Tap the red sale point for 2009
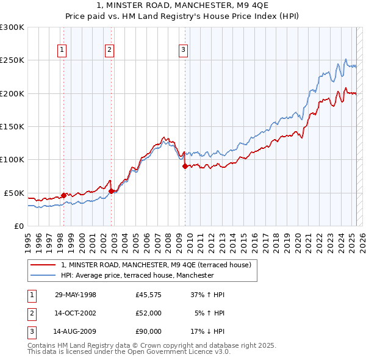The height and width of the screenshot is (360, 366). (185, 166)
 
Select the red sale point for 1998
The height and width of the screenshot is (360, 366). (63, 195)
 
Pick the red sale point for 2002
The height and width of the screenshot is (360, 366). (112, 191)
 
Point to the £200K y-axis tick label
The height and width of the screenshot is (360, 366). (12, 93)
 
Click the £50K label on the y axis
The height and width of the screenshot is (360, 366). (14, 193)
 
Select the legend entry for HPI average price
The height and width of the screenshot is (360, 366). (137, 275)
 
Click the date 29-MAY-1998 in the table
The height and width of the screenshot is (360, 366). (76, 295)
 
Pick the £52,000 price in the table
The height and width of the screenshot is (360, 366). (149, 313)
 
